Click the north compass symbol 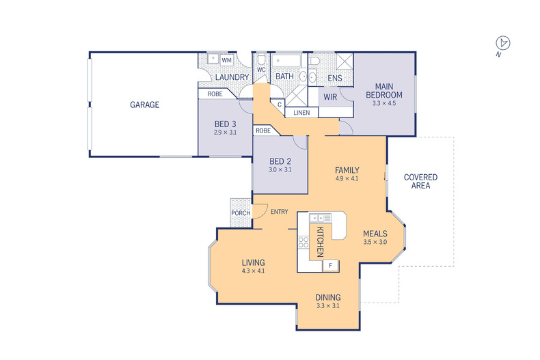(503, 43)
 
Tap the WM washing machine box (226, 60)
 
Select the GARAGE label (145, 105)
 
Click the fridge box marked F (331, 265)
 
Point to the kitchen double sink (320, 218)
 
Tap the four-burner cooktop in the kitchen (303, 242)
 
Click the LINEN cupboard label (301, 113)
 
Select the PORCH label (241, 213)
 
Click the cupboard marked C (280, 105)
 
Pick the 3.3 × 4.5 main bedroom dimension (384, 103)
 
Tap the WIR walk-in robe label (330, 97)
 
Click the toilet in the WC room (262, 59)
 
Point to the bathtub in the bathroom (286, 61)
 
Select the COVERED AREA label (420, 182)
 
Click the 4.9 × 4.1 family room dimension (347, 178)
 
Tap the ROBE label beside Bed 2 (263, 130)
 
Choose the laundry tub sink (213, 59)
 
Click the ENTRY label (280, 212)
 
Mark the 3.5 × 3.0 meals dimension (375, 242)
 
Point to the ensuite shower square (345, 61)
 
